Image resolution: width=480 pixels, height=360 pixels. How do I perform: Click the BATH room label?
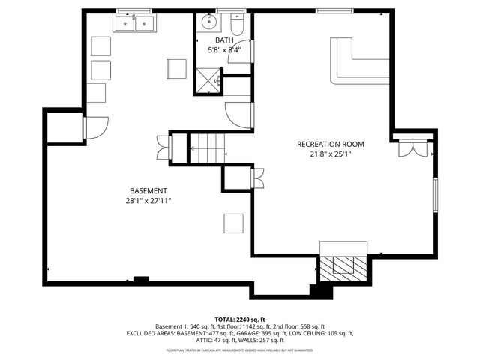click(224, 40)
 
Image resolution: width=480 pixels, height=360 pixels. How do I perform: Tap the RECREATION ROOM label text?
click(330, 144)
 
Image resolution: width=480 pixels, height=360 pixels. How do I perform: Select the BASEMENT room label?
click(148, 190)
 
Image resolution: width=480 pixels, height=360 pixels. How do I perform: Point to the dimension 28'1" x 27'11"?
click(148, 201)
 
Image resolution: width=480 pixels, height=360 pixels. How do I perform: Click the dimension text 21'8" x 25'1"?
click(330, 154)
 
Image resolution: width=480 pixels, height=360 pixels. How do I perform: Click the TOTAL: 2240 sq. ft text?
click(240, 319)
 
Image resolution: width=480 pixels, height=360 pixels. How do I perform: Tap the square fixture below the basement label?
click(233, 223)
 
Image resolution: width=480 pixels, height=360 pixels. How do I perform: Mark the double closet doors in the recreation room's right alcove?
click(412, 147)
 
